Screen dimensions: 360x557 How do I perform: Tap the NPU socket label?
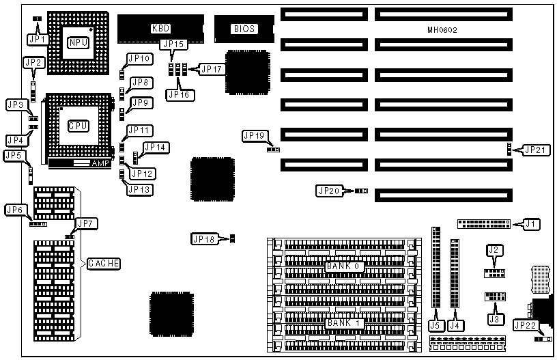click(77, 43)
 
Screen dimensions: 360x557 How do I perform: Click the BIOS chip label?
click(244, 29)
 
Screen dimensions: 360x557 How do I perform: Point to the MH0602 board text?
click(442, 30)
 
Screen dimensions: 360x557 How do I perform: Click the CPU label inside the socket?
click(77, 126)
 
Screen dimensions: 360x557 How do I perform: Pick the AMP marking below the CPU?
click(100, 163)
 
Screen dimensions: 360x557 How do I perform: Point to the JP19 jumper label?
click(253, 136)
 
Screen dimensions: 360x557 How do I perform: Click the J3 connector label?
click(495, 319)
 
